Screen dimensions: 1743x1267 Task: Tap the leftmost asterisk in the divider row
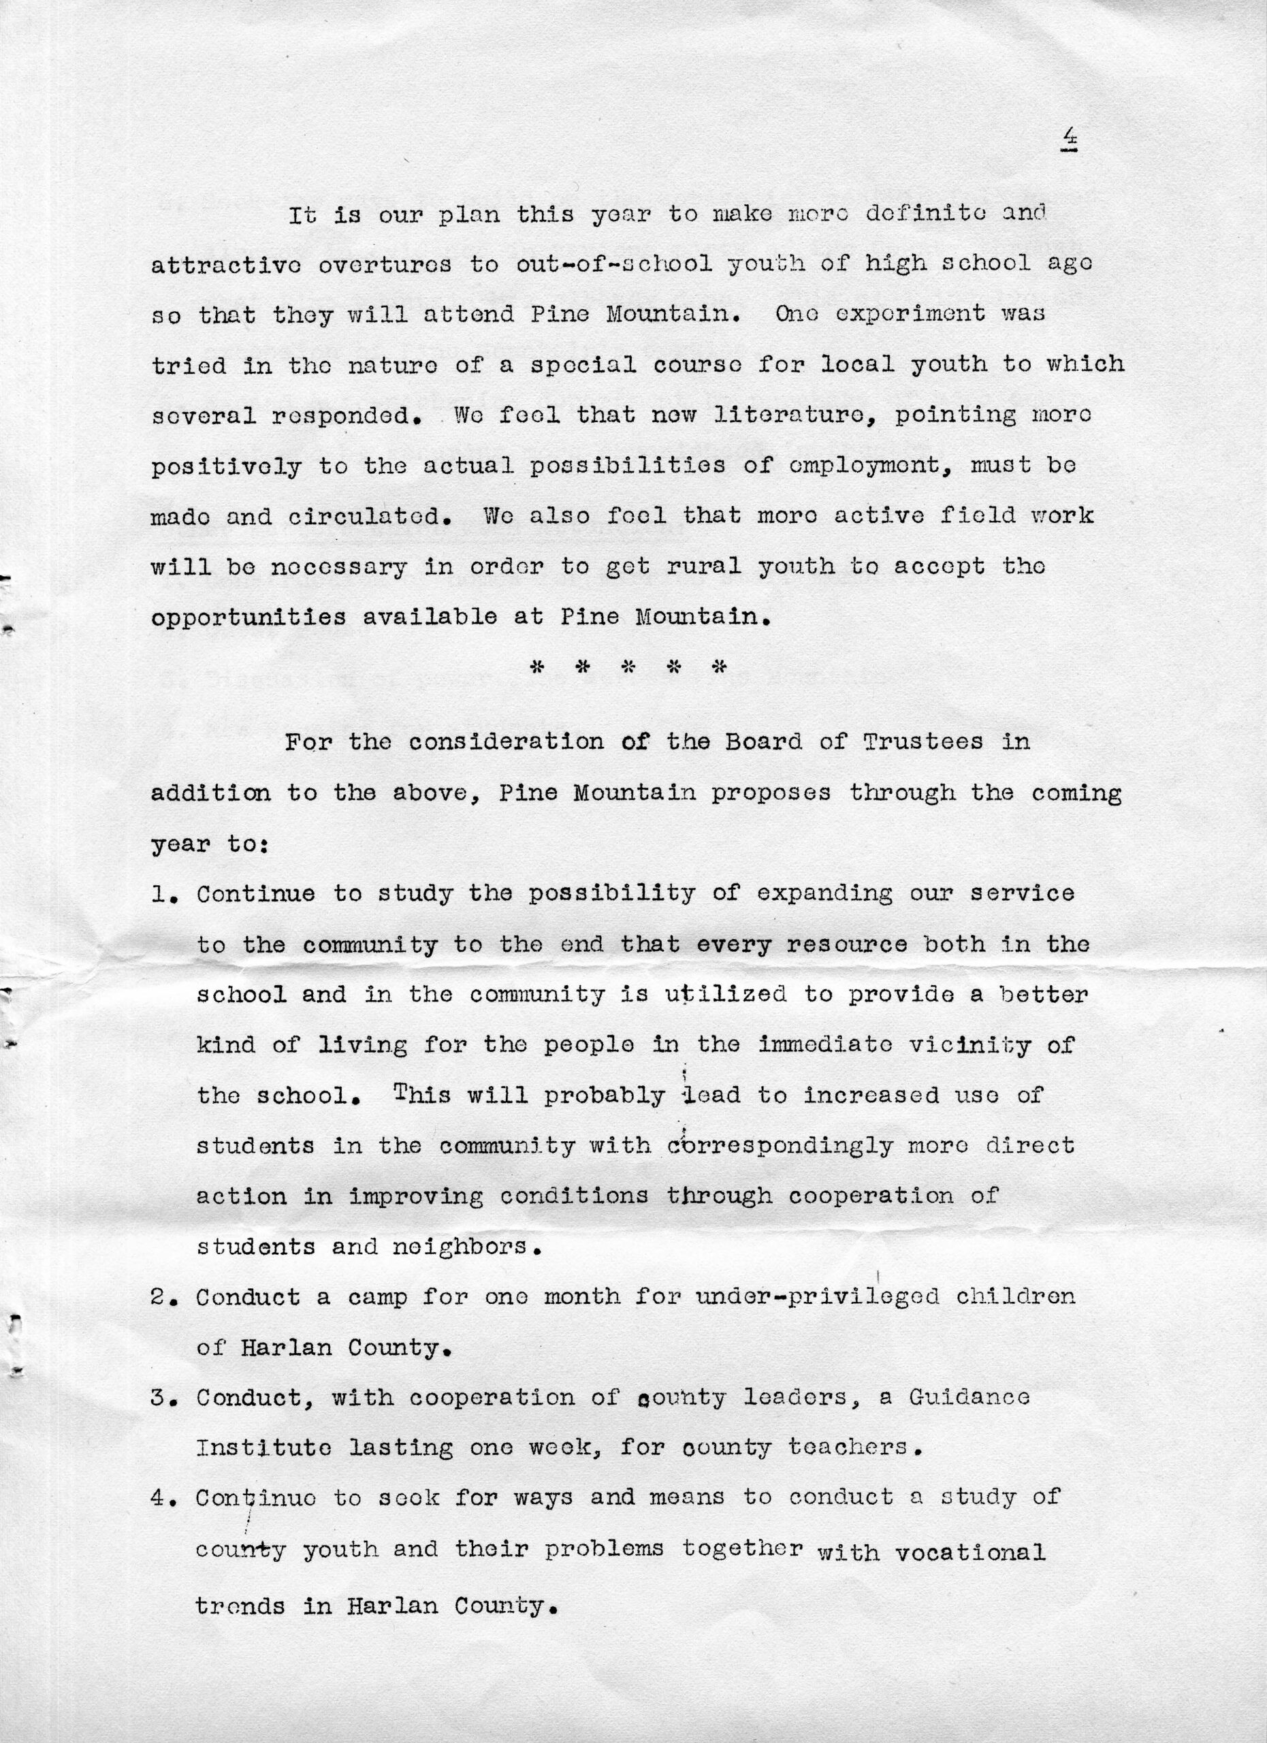[538, 667]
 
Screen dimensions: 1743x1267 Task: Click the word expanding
[824, 895]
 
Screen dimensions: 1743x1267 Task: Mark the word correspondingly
[781, 1146]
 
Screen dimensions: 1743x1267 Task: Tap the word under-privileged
[818, 1297]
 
